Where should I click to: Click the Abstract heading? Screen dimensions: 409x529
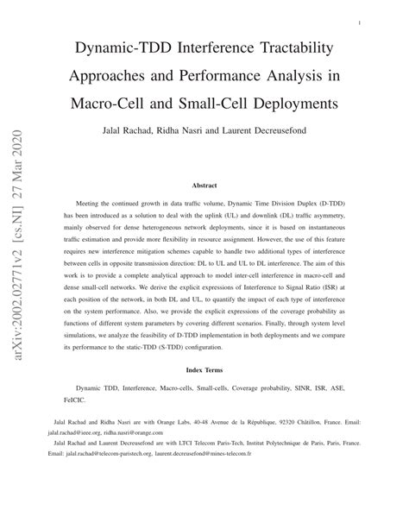coord(204,185)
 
